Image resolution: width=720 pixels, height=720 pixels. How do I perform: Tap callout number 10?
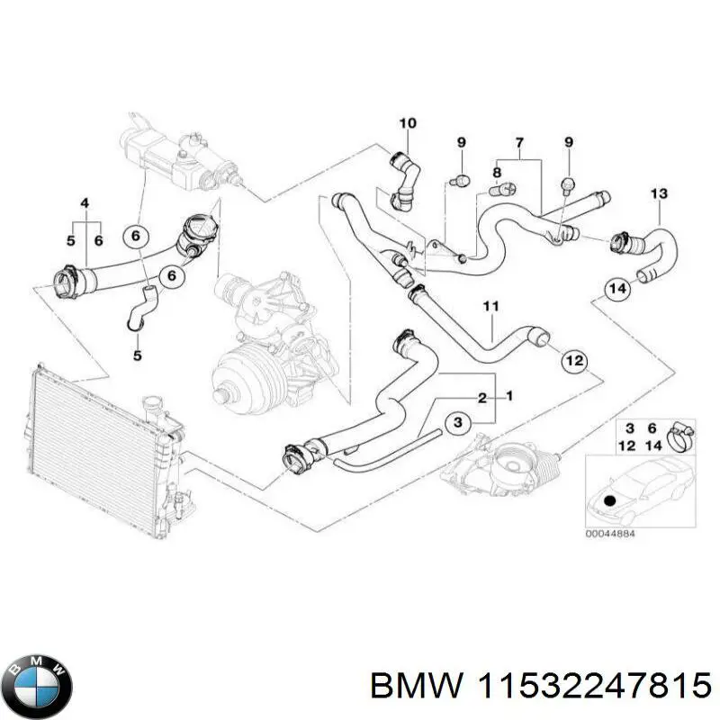[x=407, y=123]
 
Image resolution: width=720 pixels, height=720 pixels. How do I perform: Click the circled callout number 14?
[x=616, y=291]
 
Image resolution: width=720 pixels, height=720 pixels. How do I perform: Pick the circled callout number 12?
[x=573, y=361]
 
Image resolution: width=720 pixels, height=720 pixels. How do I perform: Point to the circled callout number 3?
[x=456, y=422]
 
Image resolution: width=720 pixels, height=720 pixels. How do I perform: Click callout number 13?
[x=659, y=193]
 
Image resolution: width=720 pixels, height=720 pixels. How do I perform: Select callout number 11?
[x=490, y=308]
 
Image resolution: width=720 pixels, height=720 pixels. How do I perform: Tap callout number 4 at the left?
[x=85, y=202]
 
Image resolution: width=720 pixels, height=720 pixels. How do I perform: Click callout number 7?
[x=519, y=143]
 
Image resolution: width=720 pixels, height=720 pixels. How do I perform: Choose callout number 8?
[x=496, y=173]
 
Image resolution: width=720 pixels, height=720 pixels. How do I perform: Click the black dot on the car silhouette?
[x=608, y=499]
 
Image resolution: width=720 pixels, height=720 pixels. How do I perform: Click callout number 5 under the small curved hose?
[x=138, y=356]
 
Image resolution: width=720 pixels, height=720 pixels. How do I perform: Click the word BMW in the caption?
[x=401, y=688]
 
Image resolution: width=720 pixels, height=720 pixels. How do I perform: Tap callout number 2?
[x=482, y=398]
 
